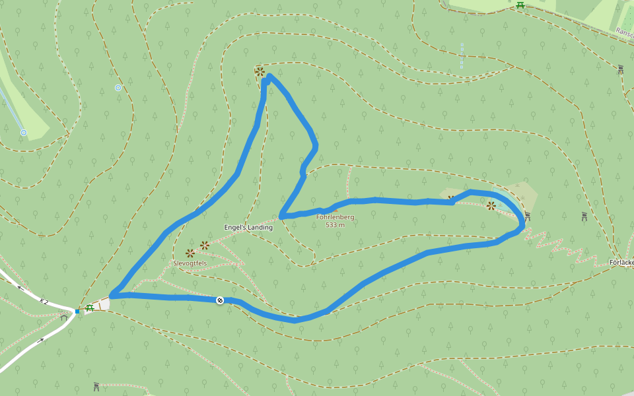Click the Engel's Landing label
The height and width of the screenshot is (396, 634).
(x=248, y=228)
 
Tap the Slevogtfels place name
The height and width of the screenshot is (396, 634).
(x=190, y=263)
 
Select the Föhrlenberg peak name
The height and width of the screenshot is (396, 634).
(x=335, y=217)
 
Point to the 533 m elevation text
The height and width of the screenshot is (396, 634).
(x=335, y=225)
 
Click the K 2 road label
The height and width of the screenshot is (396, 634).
(x=44, y=302)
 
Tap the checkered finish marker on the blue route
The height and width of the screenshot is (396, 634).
(x=220, y=300)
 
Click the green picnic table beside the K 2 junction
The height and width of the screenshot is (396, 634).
(x=89, y=308)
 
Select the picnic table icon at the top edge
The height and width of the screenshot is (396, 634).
(x=520, y=5)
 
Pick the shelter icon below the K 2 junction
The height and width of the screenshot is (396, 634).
(x=63, y=316)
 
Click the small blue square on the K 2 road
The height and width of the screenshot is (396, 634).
(x=77, y=311)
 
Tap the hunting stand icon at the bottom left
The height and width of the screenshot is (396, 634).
(x=96, y=386)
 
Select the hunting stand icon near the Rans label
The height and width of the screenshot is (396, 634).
(x=620, y=69)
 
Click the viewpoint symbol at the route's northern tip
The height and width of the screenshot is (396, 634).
(x=260, y=71)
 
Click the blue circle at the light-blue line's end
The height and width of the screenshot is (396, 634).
(x=23, y=133)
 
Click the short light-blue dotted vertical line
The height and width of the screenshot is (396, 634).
(x=462, y=56)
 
